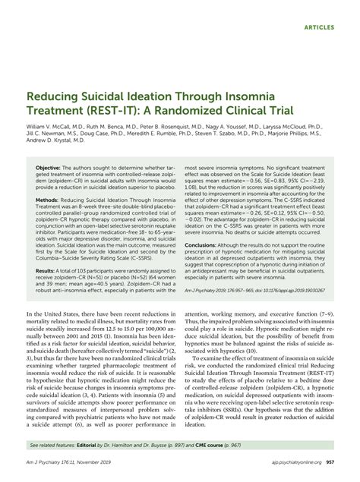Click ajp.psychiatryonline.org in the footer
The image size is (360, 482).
[x=297, y=471]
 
